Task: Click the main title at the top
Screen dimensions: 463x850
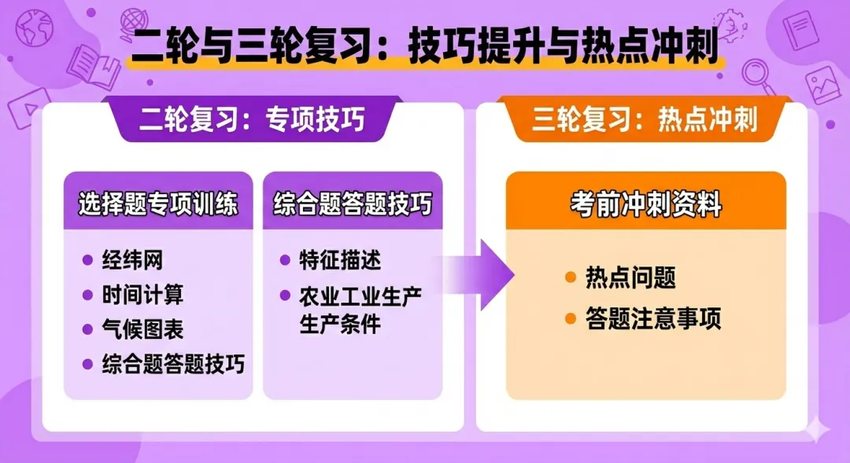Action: (425, 47)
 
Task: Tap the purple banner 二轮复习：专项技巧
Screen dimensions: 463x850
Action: (252, 119)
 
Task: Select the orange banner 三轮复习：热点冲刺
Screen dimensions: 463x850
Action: (645, 119)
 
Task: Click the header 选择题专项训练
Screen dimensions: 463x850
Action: (158, 205)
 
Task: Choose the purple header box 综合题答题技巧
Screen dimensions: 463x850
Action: (353, 205)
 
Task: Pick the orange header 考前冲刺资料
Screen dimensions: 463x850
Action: (645, 205)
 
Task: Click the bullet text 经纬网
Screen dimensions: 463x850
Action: (132, 259)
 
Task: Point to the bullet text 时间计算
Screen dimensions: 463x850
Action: (142, 295)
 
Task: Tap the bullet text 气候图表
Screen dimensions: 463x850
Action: (142, 329)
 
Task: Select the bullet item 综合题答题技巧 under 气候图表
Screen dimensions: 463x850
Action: (173, 364)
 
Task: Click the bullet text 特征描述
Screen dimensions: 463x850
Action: (340, 260)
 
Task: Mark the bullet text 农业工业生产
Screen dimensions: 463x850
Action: (360, 296)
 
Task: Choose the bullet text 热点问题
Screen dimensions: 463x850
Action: (630, 277)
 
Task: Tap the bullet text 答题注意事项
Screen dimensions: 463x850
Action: (653, 319)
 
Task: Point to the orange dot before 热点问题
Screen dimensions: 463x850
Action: (571, 277)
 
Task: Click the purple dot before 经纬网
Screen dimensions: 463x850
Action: (87, 259)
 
